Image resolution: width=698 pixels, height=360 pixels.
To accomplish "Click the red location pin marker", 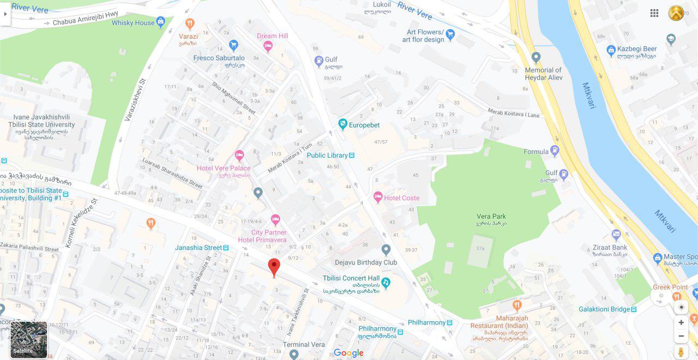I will click(274, 267).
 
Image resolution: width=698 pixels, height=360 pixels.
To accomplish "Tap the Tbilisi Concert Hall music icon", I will click(386, 282).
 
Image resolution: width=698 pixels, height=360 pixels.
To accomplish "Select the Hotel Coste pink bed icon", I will click(378, 197).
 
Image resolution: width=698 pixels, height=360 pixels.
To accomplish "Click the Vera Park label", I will click(491, 217).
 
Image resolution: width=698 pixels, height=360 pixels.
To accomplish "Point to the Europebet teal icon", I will click(342, 124).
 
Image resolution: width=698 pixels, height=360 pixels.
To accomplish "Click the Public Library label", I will click(327, 155).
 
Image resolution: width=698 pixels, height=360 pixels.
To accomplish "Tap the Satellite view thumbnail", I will click(29, 339).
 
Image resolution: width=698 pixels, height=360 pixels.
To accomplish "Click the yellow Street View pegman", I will click(681, 352).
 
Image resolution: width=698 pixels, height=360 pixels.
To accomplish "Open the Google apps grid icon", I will click(654, 13).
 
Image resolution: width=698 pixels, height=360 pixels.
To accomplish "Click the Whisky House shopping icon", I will click(160, 22).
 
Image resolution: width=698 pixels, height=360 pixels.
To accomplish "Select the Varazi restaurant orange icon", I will click(189, 23).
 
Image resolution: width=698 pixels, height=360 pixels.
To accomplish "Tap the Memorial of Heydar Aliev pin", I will click(536, 57).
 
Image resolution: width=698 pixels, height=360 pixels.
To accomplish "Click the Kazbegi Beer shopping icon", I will click(611, 50).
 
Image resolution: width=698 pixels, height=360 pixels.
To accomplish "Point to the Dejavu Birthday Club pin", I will click(386, 250).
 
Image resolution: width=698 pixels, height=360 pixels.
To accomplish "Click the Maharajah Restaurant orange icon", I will click(517, 305).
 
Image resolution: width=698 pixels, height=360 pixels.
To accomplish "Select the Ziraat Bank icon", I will click(616, 235).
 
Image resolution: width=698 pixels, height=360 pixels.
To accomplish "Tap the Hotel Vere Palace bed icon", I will click(239, 156).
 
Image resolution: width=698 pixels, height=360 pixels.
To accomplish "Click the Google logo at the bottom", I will click(348, 353).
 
